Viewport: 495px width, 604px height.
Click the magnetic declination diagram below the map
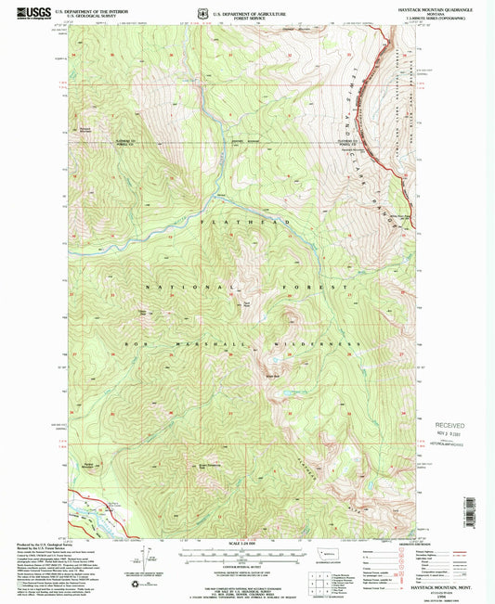[x=144, y=555]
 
